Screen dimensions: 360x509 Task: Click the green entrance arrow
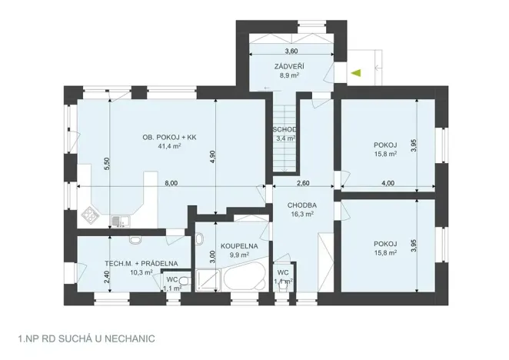coord(355,73)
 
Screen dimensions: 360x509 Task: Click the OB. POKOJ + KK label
coord(166,137)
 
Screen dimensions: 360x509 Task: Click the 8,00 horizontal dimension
coord(171,183)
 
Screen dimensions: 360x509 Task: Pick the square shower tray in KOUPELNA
coord(207,278)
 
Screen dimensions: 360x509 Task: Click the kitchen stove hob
coord(91,215)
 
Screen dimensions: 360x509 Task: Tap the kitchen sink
coord(116,222)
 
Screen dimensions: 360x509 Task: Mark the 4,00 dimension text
coord(388,183)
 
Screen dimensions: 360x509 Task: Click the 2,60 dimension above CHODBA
coord(302,183)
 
